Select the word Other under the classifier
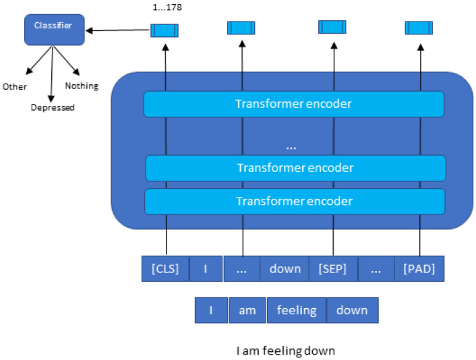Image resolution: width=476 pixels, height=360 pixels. point(15,86)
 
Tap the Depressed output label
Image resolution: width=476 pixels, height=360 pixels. point(53,107)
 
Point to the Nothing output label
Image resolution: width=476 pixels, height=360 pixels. point(81,86)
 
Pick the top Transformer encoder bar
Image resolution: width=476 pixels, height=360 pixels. point(293,104)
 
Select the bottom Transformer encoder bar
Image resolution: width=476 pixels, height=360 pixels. point(295,201)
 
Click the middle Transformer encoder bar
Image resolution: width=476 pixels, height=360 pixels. point(295,168)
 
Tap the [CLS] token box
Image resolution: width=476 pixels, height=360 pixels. point(165,268)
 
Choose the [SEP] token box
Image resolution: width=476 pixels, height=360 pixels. point(333,268)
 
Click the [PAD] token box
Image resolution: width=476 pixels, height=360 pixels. point(419,268)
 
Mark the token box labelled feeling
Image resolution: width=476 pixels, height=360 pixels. point(297,310)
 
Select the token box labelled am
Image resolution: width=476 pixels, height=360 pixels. point(247,310)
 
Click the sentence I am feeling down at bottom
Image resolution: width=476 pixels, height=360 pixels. point(285,351)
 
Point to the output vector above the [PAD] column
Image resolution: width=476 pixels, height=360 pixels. point(419,28)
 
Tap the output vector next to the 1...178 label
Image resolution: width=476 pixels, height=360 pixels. point(164,30)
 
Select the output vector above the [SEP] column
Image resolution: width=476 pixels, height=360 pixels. point(332,27)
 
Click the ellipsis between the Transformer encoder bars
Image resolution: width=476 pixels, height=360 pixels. point(292,145)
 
